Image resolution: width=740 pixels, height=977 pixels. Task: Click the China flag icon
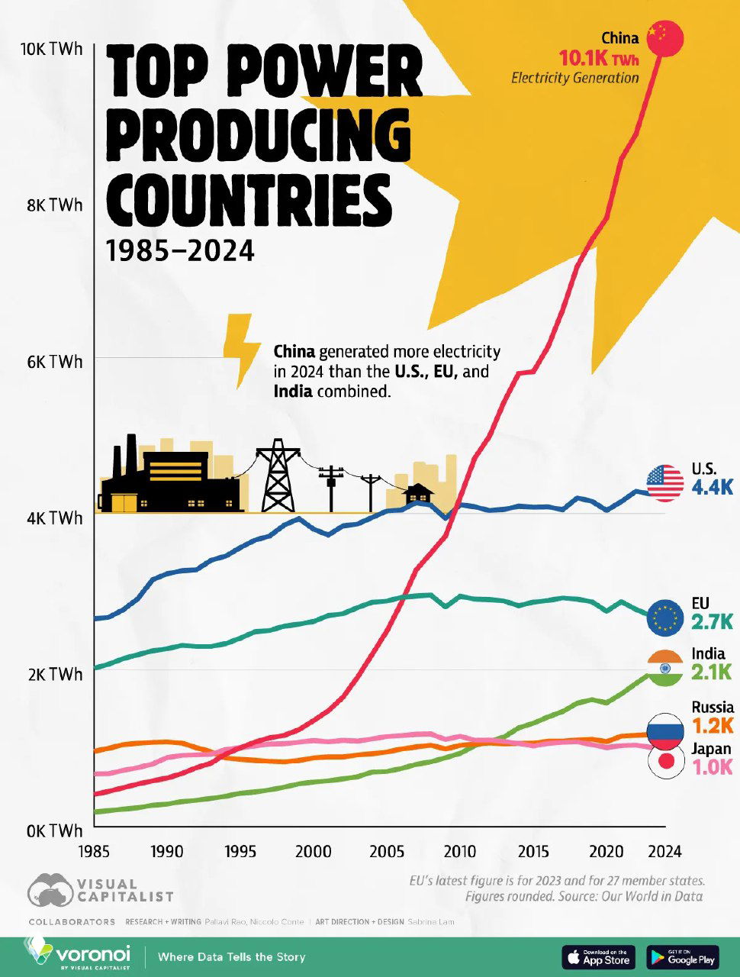click(665, 38)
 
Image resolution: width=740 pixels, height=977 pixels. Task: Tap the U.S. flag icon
click(665, 482)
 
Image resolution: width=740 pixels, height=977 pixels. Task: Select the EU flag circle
click(665, 617)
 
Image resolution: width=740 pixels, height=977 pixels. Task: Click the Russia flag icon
click(665, 731)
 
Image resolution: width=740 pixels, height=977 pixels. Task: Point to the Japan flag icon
click(665, 761)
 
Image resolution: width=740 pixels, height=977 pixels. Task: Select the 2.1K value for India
click(711, 672)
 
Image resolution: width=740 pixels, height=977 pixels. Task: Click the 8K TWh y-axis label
click(52, 205)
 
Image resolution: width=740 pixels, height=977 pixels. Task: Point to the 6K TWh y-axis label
click(52, 362)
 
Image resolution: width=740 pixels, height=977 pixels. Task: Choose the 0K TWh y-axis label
click(52, 830)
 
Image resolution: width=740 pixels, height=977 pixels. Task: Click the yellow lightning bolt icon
click(240, 348)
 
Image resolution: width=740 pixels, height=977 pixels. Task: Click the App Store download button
click(598, 956)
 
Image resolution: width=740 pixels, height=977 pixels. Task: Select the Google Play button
click(683, 956)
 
